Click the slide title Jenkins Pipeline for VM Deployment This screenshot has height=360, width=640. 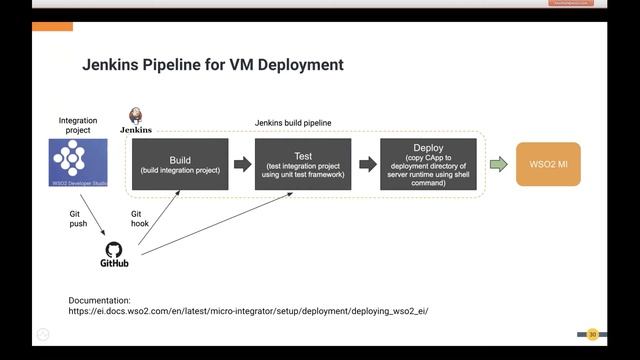pos(212,65)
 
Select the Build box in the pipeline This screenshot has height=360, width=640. pos(180,164)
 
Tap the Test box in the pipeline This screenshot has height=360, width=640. pos(303,164)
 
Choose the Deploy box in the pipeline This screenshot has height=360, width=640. pos(429,164)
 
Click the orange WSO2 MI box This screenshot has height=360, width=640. pos(548,164)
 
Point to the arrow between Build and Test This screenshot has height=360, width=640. pos(242,164)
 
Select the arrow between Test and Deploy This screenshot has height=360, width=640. pos(367,164)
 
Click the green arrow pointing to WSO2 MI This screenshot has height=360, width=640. pos(498,164)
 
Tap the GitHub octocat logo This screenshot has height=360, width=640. pos(113,249)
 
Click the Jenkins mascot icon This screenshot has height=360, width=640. pos(135,115)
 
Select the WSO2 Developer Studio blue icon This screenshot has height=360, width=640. pos(78,163)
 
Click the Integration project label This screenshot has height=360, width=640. pos(78,126)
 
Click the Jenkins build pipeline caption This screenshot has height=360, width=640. pos(293,122)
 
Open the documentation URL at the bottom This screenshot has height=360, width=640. pos(248,311)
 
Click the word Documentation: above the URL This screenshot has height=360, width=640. pos(99,300)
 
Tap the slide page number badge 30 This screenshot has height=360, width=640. pos(592,334)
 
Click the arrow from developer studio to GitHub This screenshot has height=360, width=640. pos(91,215)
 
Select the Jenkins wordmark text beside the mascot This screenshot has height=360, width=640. pos(135,130)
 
